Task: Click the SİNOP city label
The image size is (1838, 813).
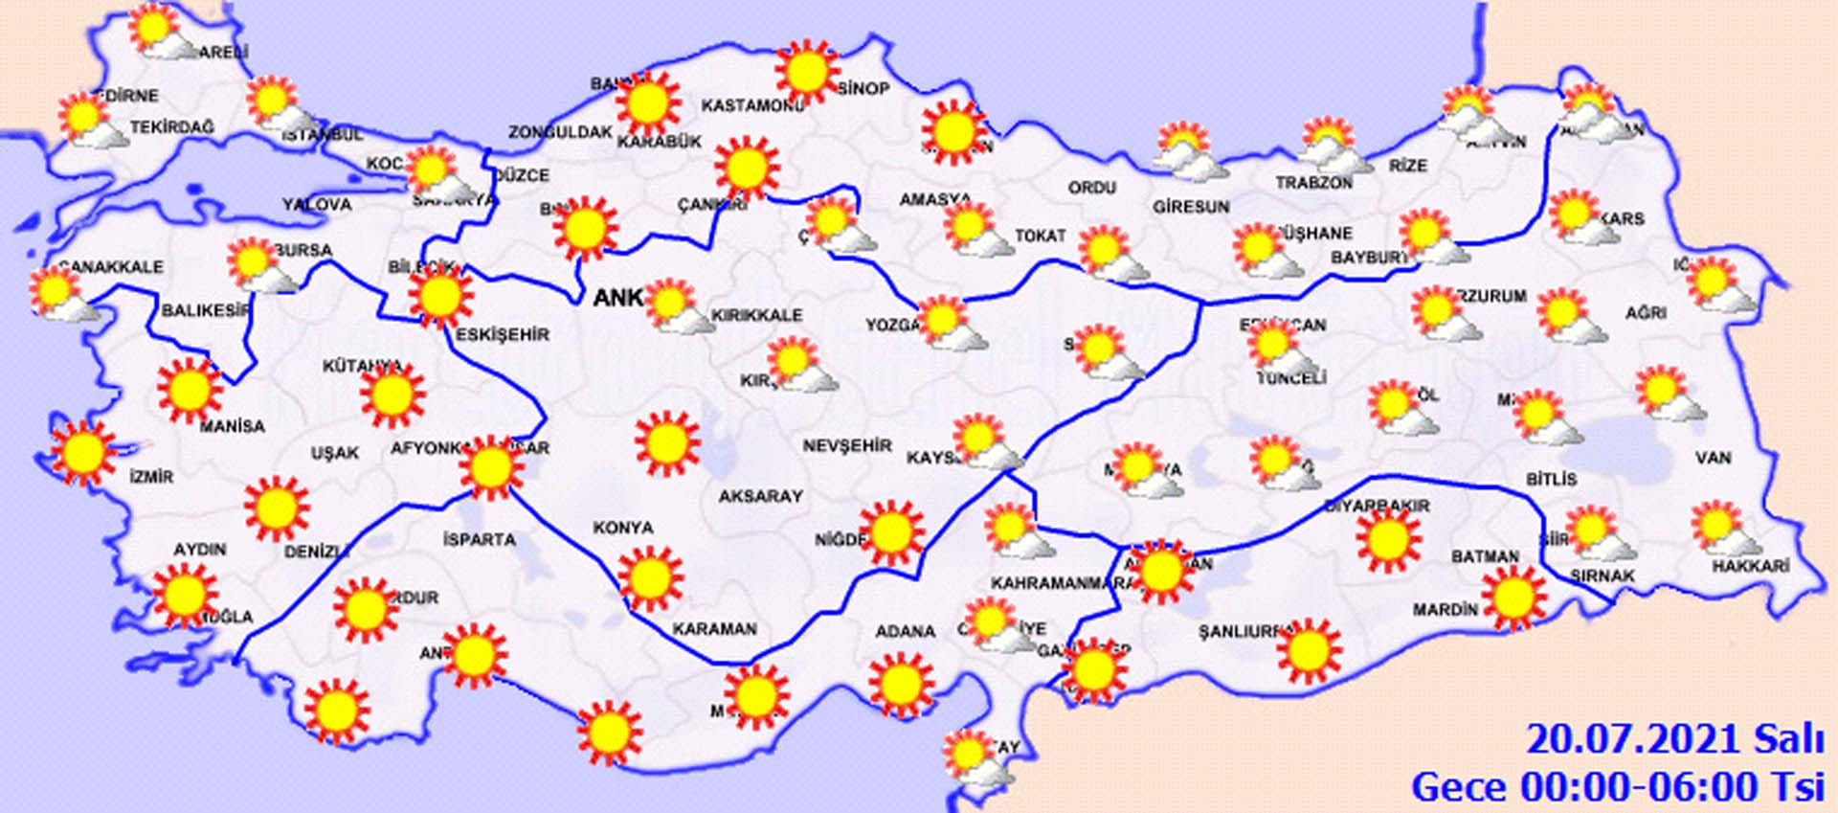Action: [x=863, y=88]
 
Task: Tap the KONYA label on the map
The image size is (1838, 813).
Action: [x=623, y=528]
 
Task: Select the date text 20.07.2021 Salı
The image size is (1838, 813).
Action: [x=1674, y=739]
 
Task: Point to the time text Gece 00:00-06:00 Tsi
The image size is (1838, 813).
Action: [x=1617, y=787]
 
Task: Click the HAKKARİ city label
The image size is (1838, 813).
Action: [x=1750, y=566]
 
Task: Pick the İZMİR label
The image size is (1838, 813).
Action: [x=151, y=476]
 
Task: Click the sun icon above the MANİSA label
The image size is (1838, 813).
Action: [x=190, y=390]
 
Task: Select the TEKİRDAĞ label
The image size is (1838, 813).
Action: [x=172, y=127]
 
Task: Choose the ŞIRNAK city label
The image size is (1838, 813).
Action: [x=1602, y=576]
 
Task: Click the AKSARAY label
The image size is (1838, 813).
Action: [x=760, y=496]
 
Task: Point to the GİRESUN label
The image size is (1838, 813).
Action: [x=1191, y=206]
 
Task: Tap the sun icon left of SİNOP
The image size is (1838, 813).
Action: [x=807, y=72]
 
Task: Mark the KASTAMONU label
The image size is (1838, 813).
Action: [x=751, y=105]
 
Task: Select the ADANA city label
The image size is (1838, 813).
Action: [x=905, y=631]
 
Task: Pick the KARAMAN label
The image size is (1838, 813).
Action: [x=714, y=629]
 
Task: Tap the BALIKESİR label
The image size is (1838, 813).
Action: [x=205, y=310]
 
